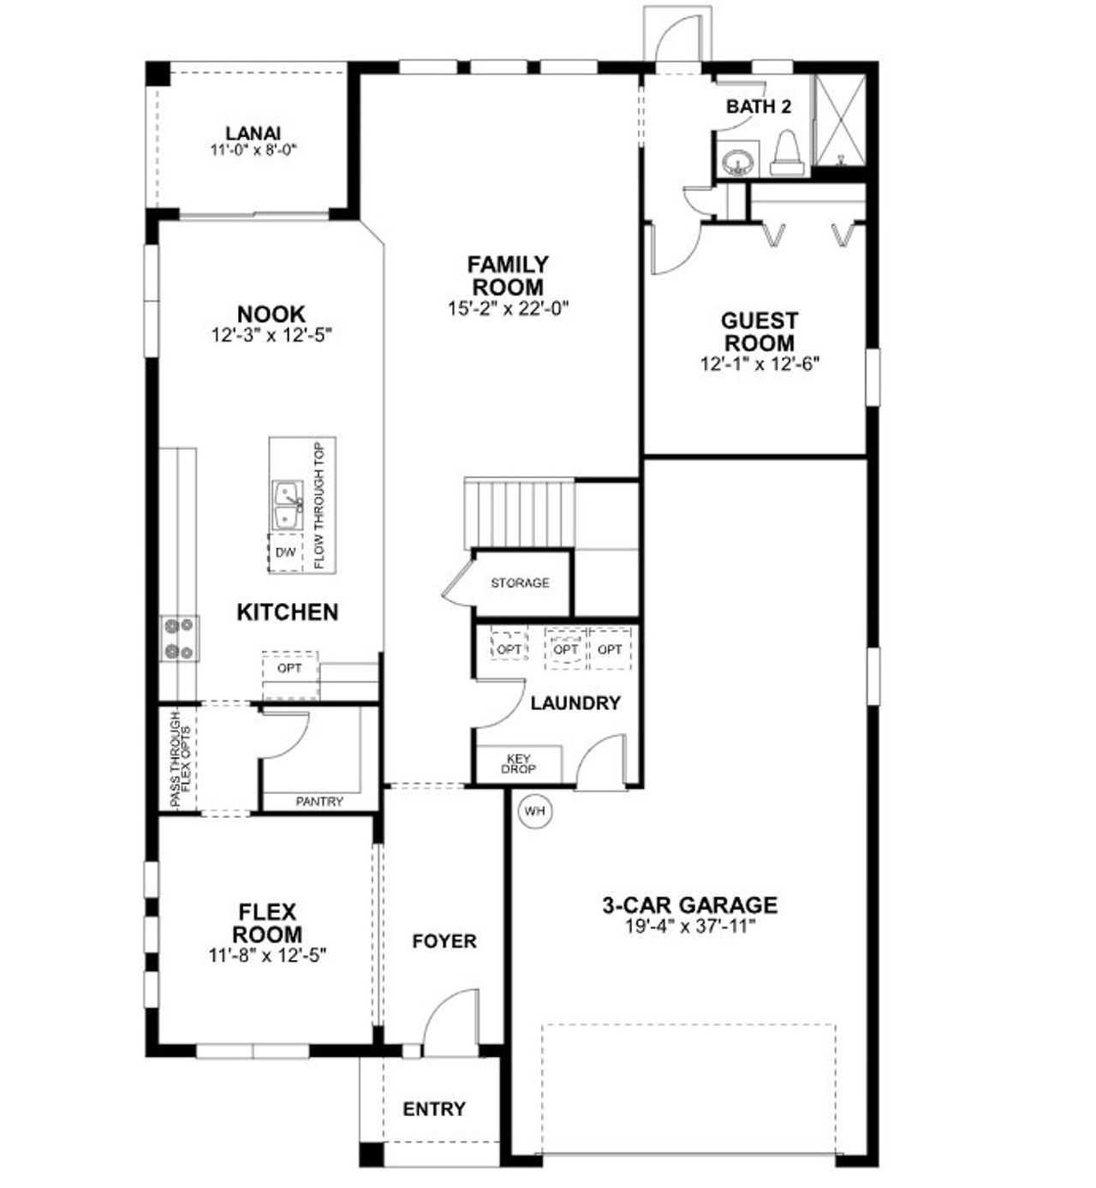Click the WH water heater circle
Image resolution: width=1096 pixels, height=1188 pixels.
pos(534,810)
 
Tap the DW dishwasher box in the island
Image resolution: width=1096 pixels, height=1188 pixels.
pos(285,552)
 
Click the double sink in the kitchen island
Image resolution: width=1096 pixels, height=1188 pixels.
pos(287,505)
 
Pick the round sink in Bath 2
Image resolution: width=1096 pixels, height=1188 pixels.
pos(735,160)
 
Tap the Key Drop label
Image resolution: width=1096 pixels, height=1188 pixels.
pos(519,764)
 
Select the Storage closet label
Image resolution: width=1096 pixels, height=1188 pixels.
pos(520,583)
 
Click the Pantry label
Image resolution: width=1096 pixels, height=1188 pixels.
pos(319,802)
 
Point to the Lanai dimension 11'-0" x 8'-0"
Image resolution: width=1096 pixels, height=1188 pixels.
pos(253,150)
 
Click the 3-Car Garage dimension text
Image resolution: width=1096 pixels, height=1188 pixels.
pos(690,926)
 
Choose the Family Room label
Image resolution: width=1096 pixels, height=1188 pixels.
pos(508,275)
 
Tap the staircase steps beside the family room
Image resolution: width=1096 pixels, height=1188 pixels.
pos(518,511)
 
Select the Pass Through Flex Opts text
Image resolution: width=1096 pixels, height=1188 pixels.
pos(180,758)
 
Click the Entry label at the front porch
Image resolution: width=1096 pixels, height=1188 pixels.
pos(434,1109)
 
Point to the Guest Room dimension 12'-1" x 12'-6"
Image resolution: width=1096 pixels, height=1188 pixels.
pos(759,363)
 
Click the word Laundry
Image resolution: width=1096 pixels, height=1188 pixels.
pos(575,703)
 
